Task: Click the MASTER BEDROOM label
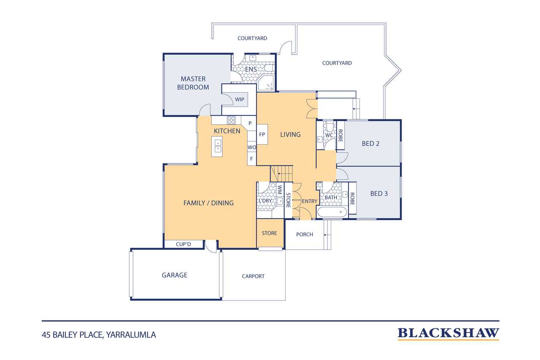[x=193, y=83]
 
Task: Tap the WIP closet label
[x=239, y=99]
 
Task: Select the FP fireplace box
[x=262, y=134]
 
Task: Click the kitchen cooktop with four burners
[x=231, y=120]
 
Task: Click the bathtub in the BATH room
[x=332, y=212]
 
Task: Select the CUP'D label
[x=183, y=244]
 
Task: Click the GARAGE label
[x=174, y=275]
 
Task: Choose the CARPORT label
[x=253, y=276]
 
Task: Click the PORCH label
[x=305, y=234]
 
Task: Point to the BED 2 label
[x=370, y=144]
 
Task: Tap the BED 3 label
[x=379, y=194]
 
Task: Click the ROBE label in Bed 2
[x=340, y=136]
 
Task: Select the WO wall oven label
[x=252, y=147]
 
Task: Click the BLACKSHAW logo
[x=448, y=333]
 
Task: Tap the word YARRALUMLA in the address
[x=131, y=335]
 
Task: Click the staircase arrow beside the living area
[x=281, y=173]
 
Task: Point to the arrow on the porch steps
[x=326, y=235]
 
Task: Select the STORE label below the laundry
[x=269, y=233]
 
